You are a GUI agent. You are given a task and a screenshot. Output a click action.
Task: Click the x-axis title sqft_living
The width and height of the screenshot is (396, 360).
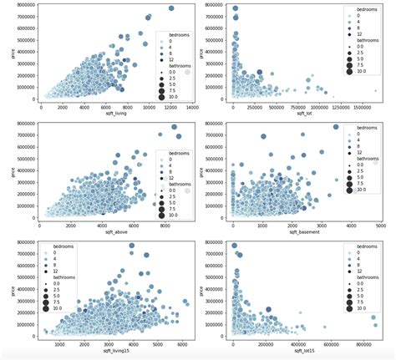click(116, 114)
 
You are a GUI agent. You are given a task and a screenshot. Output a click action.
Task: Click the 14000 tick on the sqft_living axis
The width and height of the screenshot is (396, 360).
click(191, 107)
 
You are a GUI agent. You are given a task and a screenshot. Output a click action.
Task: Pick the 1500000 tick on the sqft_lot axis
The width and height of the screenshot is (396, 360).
click(364, 107)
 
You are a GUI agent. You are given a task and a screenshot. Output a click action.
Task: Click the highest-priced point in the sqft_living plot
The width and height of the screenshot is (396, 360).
click(171, 8)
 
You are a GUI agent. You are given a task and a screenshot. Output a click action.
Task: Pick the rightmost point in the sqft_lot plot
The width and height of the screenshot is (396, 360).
click(375, 90)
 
